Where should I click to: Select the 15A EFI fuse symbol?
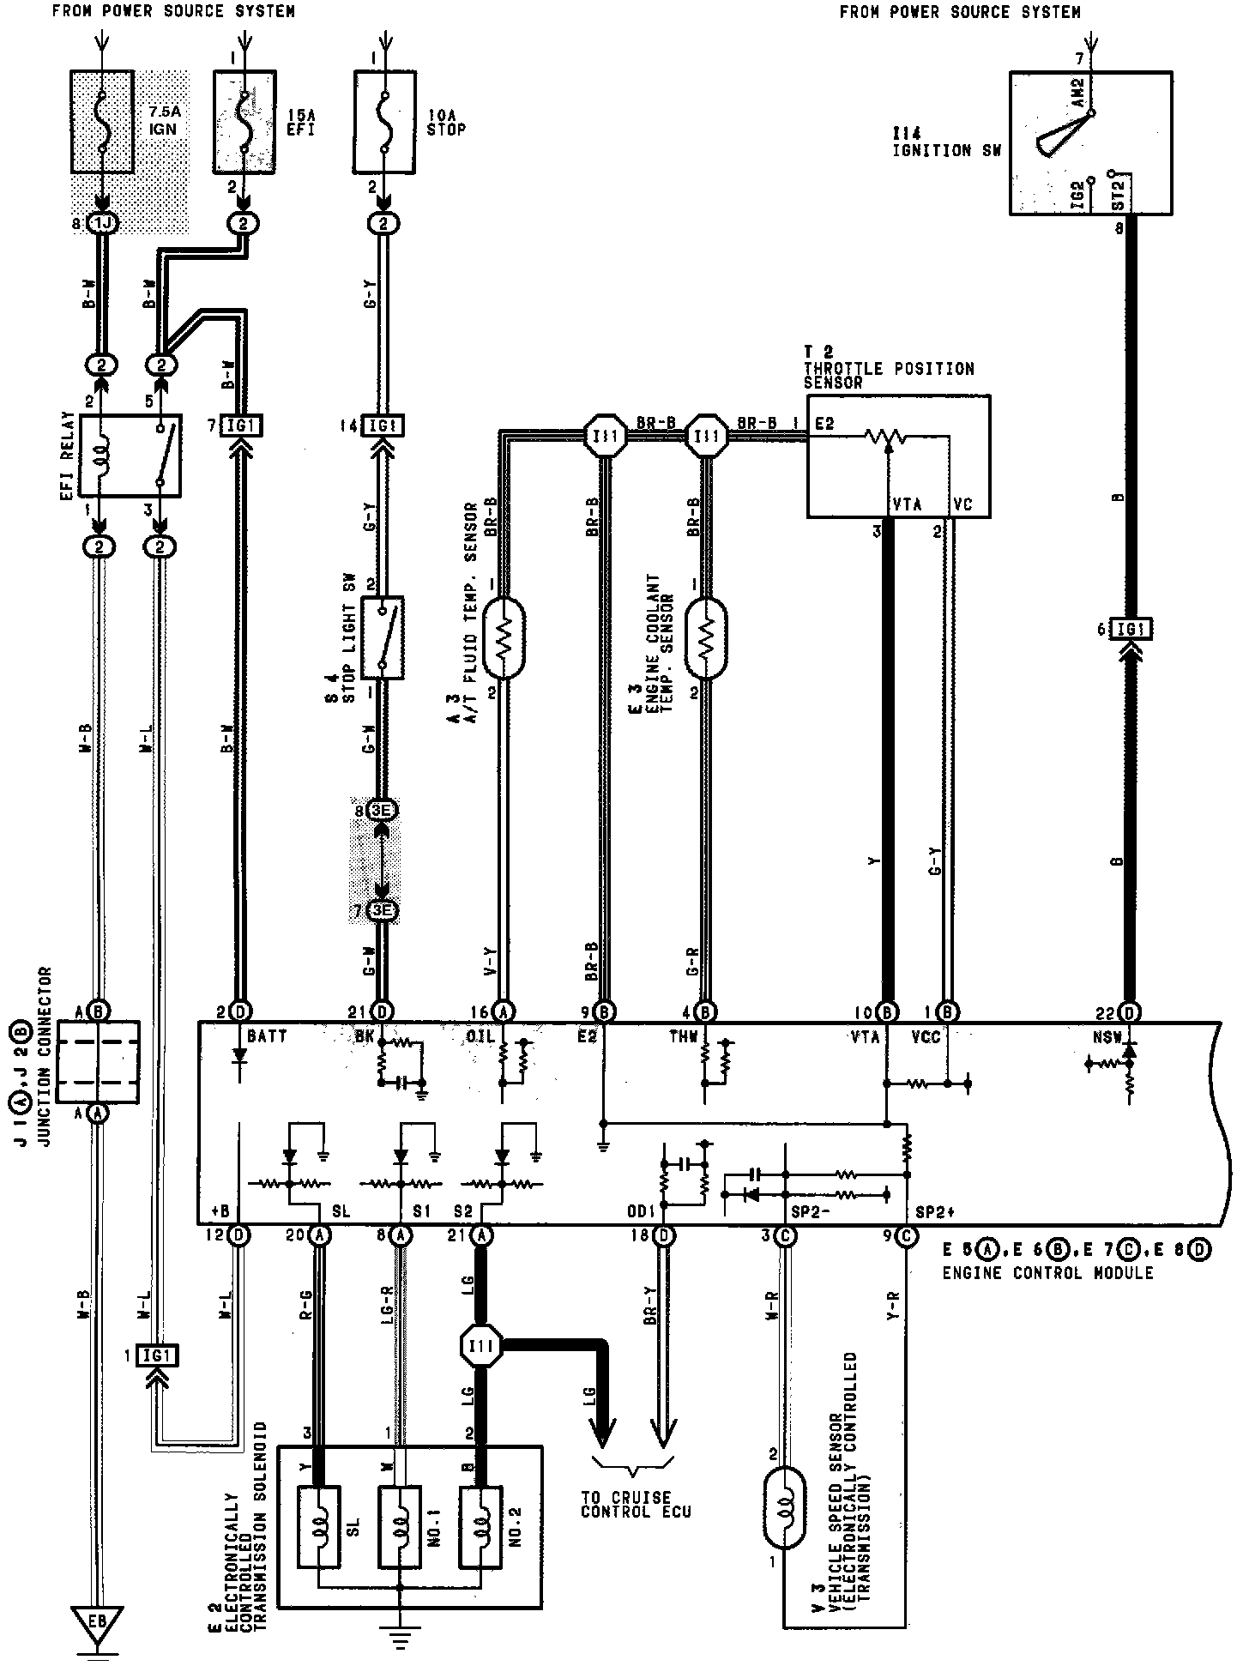(x=244, y=122)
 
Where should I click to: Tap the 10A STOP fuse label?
(x=446, y=122)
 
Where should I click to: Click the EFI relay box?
(x=130, y=455)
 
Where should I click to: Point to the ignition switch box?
(x=1090, y=142)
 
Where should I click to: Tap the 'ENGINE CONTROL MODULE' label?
(x=1047, y=1273)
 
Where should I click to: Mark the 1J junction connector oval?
(x=101, y=224)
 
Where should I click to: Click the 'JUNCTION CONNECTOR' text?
(x=48, y=1035)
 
